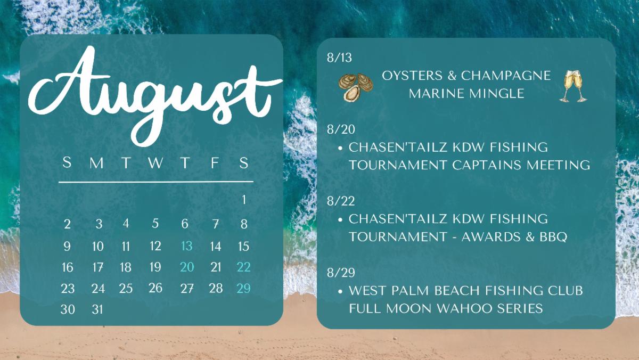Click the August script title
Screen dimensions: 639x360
click(154, 95)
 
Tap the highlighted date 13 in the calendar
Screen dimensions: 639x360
click(187, 246)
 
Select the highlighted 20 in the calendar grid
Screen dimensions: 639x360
click(187, 267)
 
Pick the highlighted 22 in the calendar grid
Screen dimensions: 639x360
click(244, 267)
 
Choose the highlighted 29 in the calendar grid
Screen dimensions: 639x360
click(244, 289)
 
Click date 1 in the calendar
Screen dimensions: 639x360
click(244, 200)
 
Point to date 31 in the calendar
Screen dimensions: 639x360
click(97, 309)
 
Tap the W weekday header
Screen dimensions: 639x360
click(155, 163)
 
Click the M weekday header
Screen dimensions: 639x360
click(97, 163)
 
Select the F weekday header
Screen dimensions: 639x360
click(215, 163)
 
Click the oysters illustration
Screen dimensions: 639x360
click(356, 87)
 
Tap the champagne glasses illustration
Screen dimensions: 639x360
click(574, 86)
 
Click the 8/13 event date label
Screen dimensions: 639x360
click(340, 58)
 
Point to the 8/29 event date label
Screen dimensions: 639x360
click(341, 273)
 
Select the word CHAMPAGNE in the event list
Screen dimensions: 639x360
click(506, 76)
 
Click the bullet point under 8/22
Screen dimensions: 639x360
click(340, 219)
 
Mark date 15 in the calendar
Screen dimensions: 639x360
click(244, 246)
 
